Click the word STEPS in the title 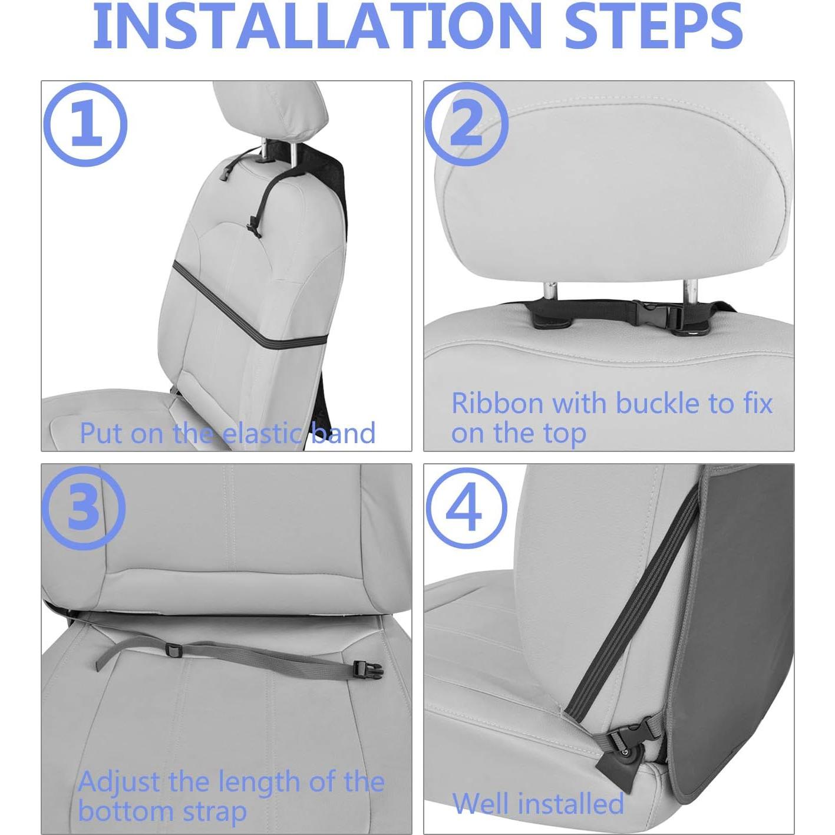[x=654, y=27]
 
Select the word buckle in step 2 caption [x=658, y=403]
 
